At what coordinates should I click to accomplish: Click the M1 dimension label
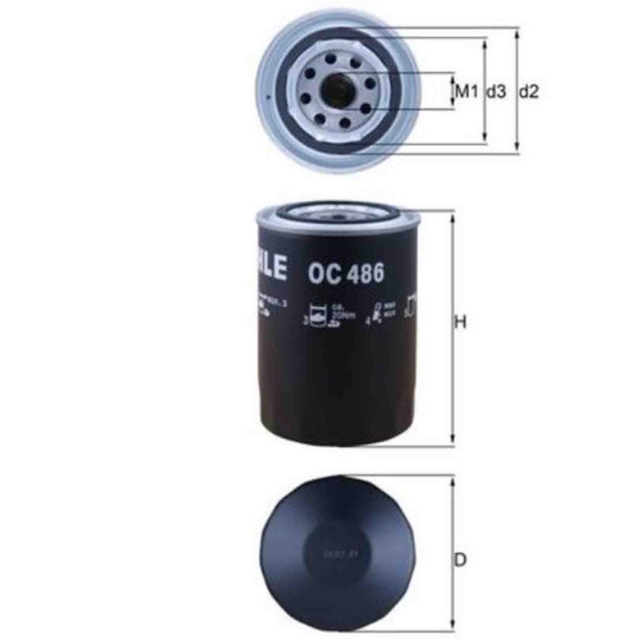466,91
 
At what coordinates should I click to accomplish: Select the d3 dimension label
496,91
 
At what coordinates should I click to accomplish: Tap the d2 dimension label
529,91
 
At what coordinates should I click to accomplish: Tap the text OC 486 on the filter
345,271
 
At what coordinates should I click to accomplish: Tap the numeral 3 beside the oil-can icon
304,321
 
